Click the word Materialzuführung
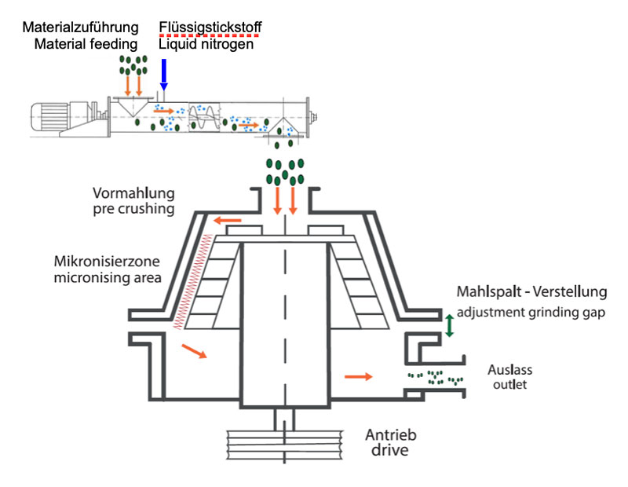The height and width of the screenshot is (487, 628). point(82,28)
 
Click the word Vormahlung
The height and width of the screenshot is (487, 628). point(133,193)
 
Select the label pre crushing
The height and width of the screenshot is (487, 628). point(133,209)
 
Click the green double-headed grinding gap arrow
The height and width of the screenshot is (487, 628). point(449,325)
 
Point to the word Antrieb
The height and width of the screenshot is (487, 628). point(390,435)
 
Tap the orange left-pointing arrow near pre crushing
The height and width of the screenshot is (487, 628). point(229,221)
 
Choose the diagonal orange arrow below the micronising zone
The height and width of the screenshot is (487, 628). point(193,351)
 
